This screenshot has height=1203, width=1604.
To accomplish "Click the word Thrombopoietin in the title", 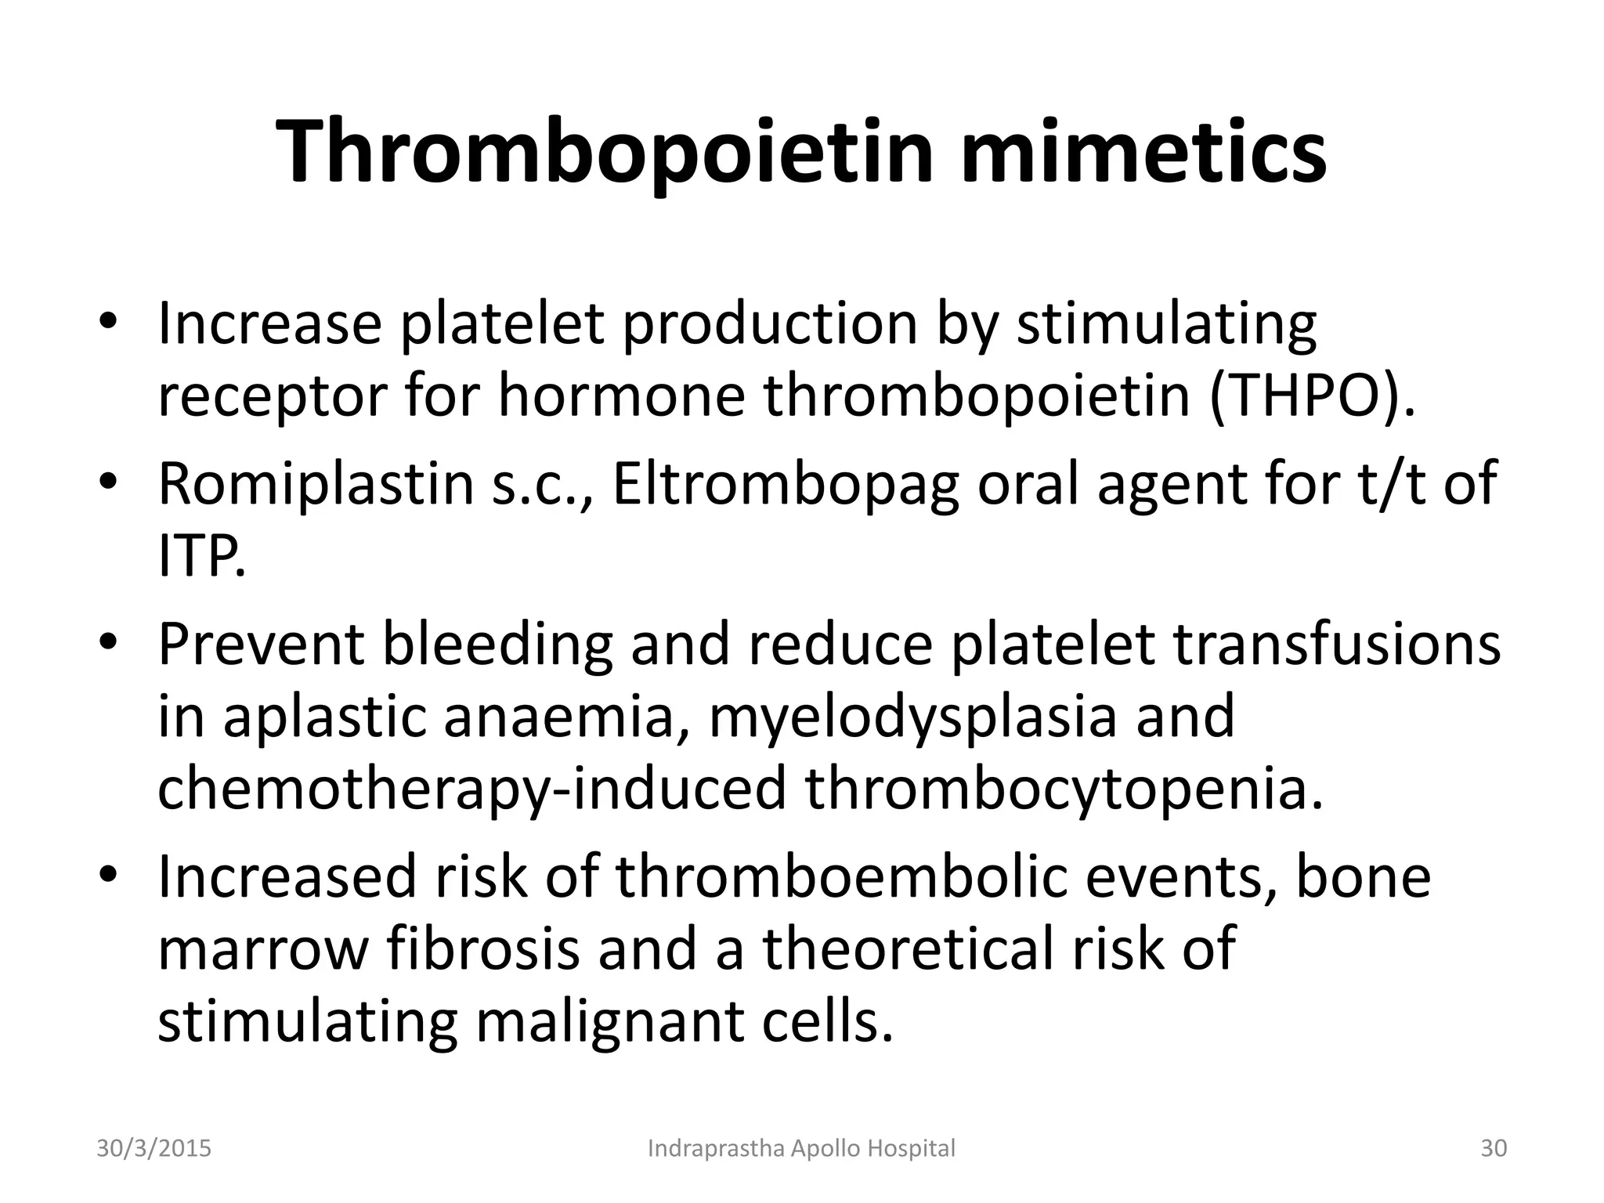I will coord(606,153).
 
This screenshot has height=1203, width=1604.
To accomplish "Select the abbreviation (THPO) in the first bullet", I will coord(1312,396).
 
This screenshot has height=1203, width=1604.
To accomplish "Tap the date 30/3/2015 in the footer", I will coord(154,1149).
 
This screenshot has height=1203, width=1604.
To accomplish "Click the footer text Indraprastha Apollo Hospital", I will coord(802,1149).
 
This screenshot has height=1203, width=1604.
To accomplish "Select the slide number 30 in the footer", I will coord(1494,1149).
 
